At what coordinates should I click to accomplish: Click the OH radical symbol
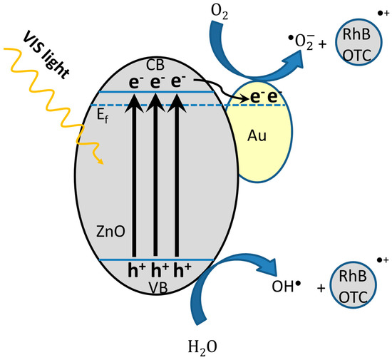pos(282,289)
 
